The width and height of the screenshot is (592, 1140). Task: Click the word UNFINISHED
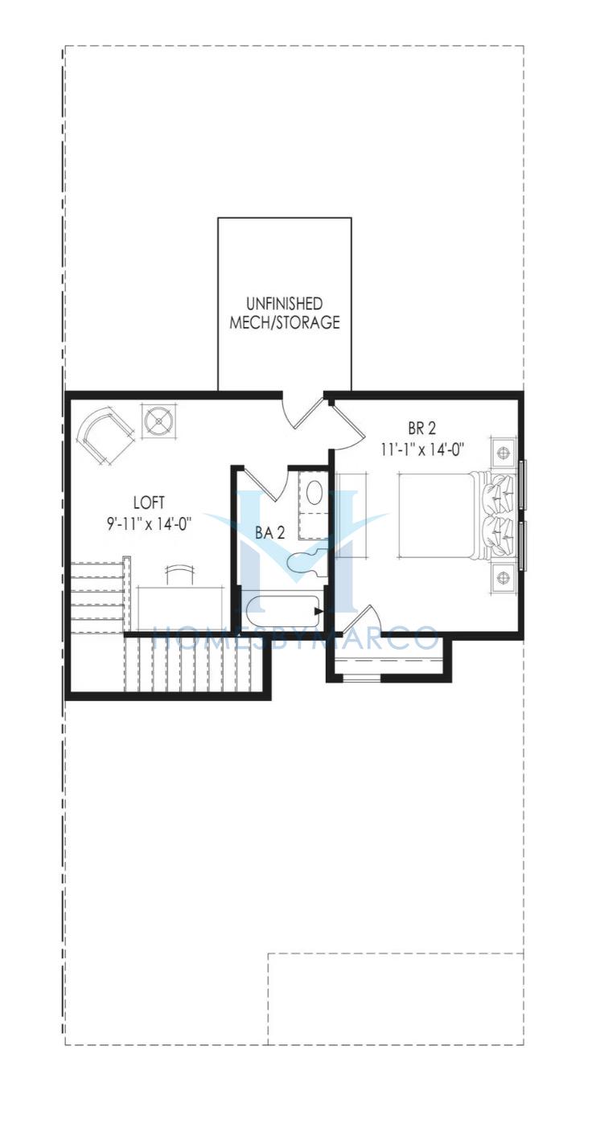(284, 304)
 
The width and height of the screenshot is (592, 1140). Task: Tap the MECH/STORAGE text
(284, 322)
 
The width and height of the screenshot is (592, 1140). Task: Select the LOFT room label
(149, 502)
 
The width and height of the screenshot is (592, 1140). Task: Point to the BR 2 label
(422, 429)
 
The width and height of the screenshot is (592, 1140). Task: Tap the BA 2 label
(269, 533)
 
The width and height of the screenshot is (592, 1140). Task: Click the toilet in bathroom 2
(304, 561)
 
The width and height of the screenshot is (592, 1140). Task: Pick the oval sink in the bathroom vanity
(315, 492)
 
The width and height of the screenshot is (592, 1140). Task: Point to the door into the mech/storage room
(303, 411)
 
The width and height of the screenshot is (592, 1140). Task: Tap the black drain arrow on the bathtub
(319, 611)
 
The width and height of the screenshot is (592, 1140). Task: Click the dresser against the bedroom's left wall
(350, 515)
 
